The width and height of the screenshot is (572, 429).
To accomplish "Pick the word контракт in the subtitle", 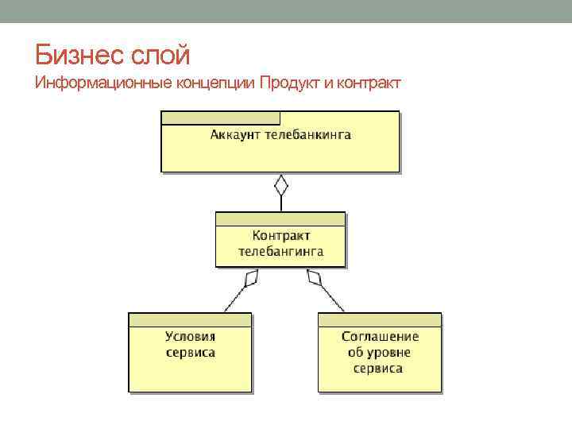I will pos(367,83).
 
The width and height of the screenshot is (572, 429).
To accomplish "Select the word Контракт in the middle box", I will pos(280,235).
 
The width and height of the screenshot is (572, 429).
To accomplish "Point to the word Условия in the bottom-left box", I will pos(190,336).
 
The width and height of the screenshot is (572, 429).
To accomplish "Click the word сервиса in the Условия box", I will pos(190,352).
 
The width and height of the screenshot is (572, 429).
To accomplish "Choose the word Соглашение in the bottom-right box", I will pos(380,336).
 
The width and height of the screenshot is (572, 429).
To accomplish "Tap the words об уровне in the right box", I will pos(380,352).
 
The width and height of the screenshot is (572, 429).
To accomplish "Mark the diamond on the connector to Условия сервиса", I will pos(251,278).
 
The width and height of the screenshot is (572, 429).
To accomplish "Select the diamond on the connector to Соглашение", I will pos(315,278).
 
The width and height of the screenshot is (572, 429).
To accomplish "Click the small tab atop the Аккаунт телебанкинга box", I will pos(220,118).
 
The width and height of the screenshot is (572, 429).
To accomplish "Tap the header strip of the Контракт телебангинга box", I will pos(280,218).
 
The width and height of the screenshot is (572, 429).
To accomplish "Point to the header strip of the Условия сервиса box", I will pos(190,319).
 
